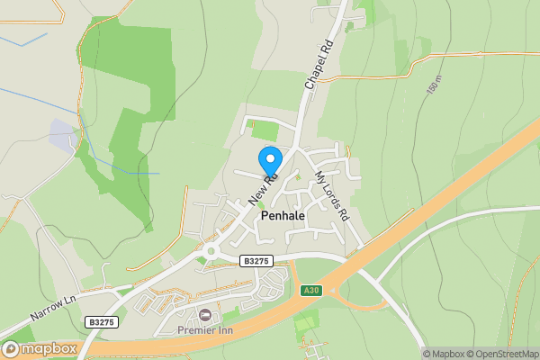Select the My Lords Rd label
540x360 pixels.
click(330, 195)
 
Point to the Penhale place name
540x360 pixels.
click(283, 217)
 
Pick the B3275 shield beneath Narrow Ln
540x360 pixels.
click(102, 320)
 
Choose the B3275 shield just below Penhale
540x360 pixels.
click(256, 260)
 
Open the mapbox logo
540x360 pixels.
click(39, 348)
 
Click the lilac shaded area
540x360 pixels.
click(62, 134)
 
